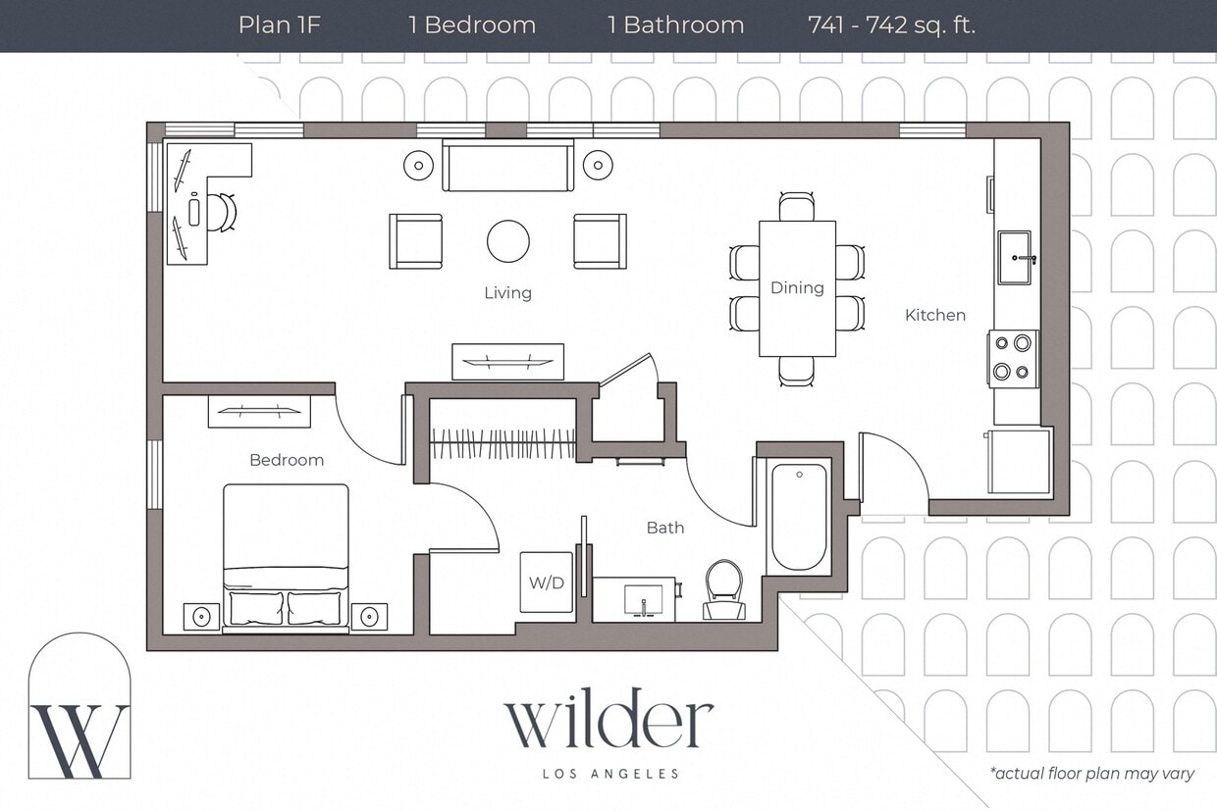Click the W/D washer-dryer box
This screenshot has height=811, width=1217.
[x=547, y=583]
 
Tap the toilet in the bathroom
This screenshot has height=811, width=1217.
[x=724, y=591]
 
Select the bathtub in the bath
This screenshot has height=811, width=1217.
[x=799, y=517]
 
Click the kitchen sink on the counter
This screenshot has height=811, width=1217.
[x=1015, y=258]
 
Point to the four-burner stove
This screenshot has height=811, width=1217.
[x=1013, y=358]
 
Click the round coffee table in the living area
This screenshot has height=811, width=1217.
[x=508, y=241]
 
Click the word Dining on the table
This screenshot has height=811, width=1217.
[x=797, y=288]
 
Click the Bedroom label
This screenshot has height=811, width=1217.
[x=286, y=460]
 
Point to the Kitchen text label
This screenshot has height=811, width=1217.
[x=934, y=315]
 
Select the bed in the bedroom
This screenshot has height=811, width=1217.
[x=286, y=556]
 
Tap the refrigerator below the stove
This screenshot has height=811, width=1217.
[x=1019, y=460]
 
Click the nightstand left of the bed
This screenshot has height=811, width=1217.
[x=202, y=617]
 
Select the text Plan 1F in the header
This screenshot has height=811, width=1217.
[x=280, y=25]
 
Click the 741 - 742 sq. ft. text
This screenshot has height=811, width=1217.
[x=891, y=25]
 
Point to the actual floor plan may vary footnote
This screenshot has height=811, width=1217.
[x=1092, y=774]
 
